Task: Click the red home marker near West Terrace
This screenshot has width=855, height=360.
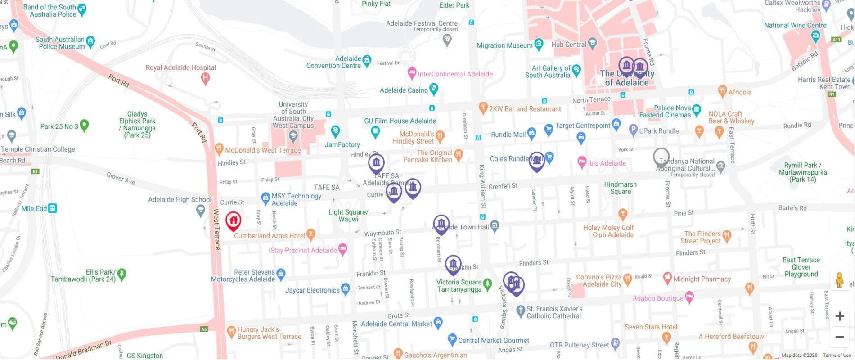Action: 233,220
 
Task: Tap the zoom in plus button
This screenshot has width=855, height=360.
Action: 839,316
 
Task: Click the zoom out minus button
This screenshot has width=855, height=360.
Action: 839,337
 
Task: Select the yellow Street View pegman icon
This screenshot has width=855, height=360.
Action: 839,280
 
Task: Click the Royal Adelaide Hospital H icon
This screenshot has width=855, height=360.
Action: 205,79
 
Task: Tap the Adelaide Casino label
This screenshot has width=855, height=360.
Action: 404,90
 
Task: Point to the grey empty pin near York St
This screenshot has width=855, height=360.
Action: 661,156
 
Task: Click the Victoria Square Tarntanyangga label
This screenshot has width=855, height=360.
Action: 459,286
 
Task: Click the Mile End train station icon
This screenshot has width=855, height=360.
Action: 53,208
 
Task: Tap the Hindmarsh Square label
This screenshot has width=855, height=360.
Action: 620,188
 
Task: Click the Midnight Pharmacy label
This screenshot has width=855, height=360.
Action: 702,279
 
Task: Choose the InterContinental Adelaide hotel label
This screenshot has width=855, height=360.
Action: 455,74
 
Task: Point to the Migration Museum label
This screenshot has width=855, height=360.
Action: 504,45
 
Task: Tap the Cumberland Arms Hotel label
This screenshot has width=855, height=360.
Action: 269,236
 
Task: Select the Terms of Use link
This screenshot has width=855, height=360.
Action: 837,355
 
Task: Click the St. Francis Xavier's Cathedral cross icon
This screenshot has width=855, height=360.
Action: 520,310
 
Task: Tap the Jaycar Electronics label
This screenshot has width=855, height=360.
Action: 312,290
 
